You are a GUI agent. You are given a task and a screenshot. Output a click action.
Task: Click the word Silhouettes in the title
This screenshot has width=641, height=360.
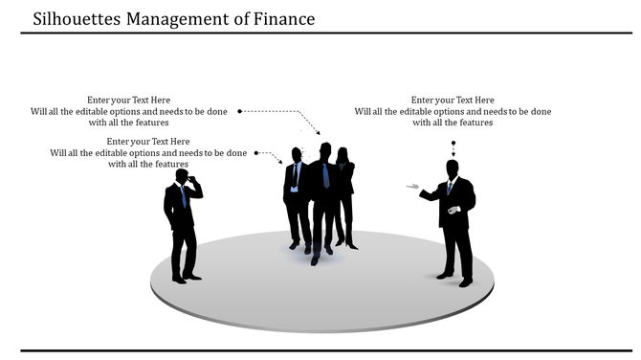coord(76,18)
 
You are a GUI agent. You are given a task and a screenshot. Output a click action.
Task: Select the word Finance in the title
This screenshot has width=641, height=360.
coord(282,18)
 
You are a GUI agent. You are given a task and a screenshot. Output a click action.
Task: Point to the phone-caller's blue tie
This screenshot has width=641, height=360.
coord(183,196)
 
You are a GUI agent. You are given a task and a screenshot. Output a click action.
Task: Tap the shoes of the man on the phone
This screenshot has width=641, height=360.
coord(187,277)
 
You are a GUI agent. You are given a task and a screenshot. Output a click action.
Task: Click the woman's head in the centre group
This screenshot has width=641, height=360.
coord(342,153)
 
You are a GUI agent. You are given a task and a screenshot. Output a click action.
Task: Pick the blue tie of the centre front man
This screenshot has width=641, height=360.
coord(326,175)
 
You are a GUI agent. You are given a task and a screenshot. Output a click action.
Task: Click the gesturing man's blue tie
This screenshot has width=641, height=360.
coord(450,187)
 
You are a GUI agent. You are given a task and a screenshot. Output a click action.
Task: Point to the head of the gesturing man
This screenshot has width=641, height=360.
coord(453,168)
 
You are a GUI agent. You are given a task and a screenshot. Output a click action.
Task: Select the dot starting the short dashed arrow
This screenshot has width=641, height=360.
coord(255,151)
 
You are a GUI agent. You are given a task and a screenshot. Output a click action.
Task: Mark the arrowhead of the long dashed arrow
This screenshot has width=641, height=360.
coord(318,133)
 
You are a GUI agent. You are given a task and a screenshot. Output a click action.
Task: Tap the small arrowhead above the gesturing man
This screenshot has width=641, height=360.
coord(454,155)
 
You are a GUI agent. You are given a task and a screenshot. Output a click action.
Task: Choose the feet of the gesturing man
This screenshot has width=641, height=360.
coord(455,279)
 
